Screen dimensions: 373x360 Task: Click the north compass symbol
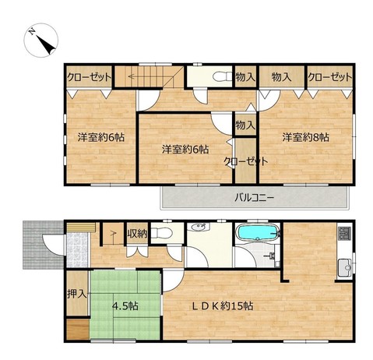40,41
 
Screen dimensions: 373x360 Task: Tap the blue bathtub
258,231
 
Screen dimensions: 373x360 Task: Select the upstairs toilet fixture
223,76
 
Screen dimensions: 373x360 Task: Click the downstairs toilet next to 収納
161,233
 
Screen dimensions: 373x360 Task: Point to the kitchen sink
345,267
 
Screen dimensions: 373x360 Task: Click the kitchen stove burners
344,233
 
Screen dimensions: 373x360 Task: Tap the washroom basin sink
200,227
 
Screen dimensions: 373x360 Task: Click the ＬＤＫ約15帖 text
222,306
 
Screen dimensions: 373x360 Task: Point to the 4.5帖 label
125,306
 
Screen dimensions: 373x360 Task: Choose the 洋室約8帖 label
306,137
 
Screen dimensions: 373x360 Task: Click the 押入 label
77,294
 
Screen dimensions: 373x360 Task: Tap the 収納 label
137,234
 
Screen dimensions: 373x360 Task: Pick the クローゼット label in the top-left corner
89,77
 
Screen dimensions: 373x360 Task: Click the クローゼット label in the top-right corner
330,77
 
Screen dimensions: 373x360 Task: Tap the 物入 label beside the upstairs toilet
245,77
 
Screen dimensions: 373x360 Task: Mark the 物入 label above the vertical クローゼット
245,125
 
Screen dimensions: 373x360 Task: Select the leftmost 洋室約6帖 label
101,137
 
